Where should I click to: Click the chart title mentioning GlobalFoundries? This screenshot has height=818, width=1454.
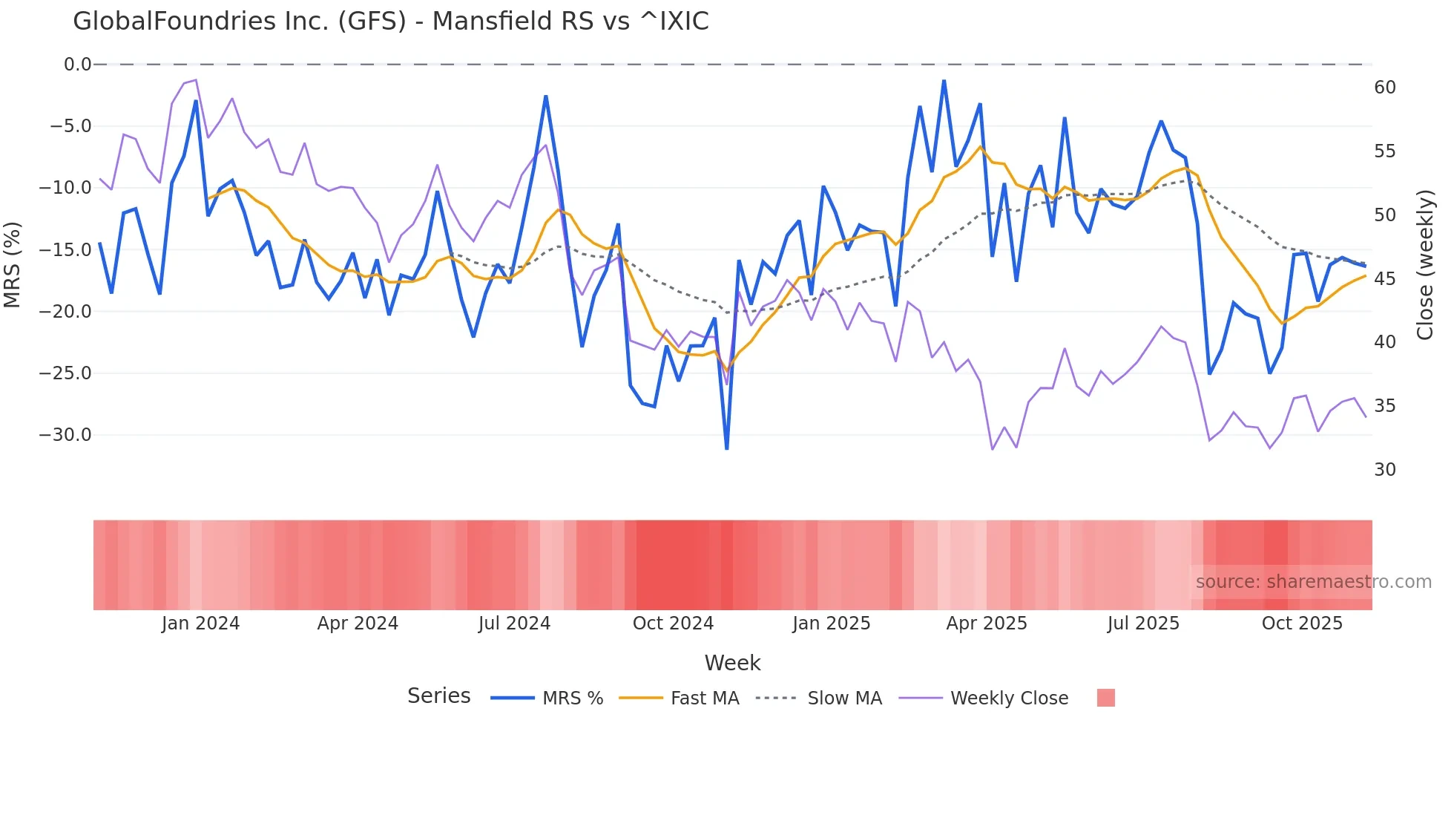click(x=390, y=22)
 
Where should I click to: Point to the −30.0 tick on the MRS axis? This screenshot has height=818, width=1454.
click(x=65, y=435)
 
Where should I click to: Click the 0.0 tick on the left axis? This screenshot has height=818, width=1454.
click(x=77, y=65)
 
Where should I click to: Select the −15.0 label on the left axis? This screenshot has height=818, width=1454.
click(x=65, y=249)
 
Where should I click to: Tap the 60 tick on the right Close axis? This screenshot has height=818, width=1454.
click(x=1384, y=88)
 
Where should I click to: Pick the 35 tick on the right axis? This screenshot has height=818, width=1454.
click(x=1384, y=406)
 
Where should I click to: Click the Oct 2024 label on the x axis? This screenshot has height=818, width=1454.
click(x=673, y=624)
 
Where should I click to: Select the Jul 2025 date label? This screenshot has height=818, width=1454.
click(x=1143, y=624)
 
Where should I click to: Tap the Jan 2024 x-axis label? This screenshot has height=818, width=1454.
click(x=200, y=624)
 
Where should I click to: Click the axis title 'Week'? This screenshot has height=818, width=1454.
click(x=732, y=663)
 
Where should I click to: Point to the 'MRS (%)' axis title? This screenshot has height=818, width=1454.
click(x=12, y=264)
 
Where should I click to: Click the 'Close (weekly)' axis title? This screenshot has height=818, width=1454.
click(x=1424, y=264)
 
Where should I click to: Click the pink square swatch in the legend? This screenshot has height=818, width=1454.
click(x=1105, y=698)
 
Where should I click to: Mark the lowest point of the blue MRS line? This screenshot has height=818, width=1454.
click(x=726, y=448)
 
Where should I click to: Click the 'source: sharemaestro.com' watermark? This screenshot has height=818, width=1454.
click(x=1313, y=582)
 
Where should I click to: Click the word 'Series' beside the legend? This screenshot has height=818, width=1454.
click(x=438, y=696)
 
